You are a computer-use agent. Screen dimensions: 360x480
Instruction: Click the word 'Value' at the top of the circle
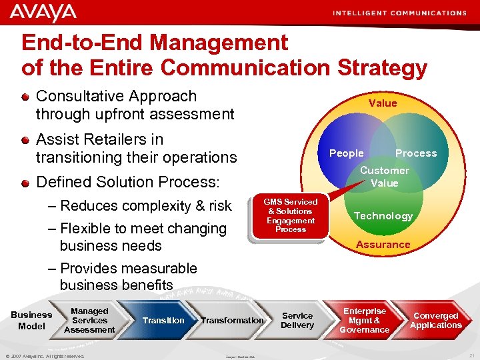pos(383,103)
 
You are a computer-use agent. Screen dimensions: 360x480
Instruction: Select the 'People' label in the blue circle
pos(347,153)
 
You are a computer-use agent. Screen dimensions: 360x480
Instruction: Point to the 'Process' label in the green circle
pos(416,153)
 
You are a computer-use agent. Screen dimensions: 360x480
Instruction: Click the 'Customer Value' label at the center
pos(384,177)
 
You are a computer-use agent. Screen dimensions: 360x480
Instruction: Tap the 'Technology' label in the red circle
pos(383,215)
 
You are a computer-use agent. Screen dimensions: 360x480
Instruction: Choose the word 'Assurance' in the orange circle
pos(383,245)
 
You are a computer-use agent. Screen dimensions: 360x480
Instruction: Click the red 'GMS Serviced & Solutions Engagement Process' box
pos(291,215)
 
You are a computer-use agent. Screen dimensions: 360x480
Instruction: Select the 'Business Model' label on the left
pos(31,320)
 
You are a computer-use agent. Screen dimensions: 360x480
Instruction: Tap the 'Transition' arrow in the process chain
pos(163,320)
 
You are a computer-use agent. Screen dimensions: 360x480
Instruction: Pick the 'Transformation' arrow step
pos(232,320)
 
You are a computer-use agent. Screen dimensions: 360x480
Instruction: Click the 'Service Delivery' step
pos(297,320)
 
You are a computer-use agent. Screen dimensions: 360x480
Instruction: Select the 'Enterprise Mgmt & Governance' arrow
pos(365,320)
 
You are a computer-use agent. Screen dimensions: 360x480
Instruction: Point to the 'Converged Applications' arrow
pos(436,320)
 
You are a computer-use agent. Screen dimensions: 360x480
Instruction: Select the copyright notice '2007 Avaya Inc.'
pos(45,356)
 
